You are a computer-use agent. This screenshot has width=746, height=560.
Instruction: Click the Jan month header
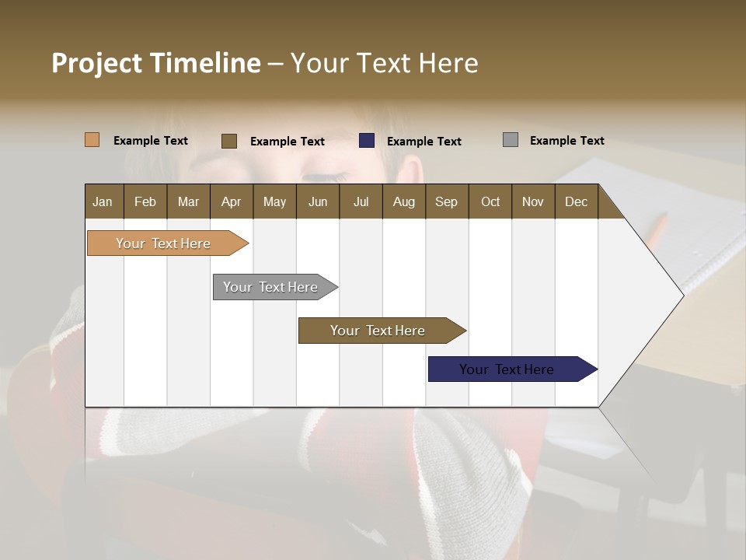tap(103, 201)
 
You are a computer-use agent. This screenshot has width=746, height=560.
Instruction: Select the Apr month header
tap(231, 201)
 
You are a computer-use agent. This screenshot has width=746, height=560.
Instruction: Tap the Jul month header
tap(361, 201)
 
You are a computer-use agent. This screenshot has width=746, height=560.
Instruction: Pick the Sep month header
tap(446, 201)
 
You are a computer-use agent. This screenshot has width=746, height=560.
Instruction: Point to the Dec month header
tap(576, 201)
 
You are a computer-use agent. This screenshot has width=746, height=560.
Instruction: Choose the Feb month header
tap(145, 201)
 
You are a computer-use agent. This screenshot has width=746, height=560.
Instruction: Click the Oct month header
tap(490, 201)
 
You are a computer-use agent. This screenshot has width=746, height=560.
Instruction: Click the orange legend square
tap(92, 140)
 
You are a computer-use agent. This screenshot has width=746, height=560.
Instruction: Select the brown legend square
tap(228, 141)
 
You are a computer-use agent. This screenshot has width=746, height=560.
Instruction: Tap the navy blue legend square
tap(367, 141)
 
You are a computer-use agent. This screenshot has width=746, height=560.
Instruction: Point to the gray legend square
tap(510, 140)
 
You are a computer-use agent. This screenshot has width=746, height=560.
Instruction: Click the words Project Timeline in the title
tap(155, 63)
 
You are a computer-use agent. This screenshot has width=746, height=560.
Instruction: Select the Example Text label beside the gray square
tap(566, 141)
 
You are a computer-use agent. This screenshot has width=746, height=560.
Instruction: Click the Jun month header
tap(318, 201)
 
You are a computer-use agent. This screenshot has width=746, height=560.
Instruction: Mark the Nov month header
tap(532, 201)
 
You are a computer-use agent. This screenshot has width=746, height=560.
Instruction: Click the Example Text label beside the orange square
tap(151, 141)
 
